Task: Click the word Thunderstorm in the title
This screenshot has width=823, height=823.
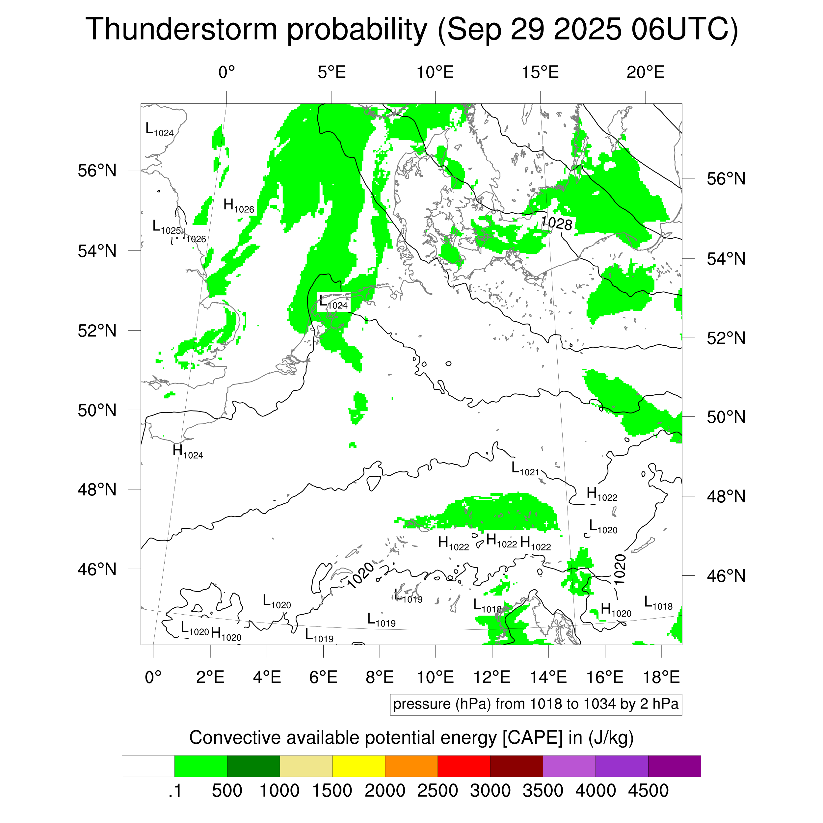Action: [181, 30]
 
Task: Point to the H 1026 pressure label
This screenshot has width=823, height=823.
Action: [239, 206]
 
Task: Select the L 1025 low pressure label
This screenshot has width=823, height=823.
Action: [167, 227]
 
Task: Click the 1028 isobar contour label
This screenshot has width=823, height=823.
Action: [556, 223]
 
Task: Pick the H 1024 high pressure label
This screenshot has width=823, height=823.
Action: [187, 452]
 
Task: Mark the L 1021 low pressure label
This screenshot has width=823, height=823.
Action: [525, 468]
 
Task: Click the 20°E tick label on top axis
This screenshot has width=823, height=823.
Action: [645, 73]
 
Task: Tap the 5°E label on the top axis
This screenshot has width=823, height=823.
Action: [332, 73]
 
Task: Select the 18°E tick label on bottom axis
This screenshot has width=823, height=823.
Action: [661, 677]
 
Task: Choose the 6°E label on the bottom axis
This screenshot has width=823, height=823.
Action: [323, 677]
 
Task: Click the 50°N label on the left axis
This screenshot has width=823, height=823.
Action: [97, 410]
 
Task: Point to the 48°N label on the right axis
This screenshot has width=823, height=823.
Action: [726, 496]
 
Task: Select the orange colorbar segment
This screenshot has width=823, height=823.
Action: [411, 766]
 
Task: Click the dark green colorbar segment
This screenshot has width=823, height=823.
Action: [253, 766]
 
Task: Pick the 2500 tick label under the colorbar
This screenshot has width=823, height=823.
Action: [438, 791]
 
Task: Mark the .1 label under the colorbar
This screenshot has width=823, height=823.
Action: [175, 791]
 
